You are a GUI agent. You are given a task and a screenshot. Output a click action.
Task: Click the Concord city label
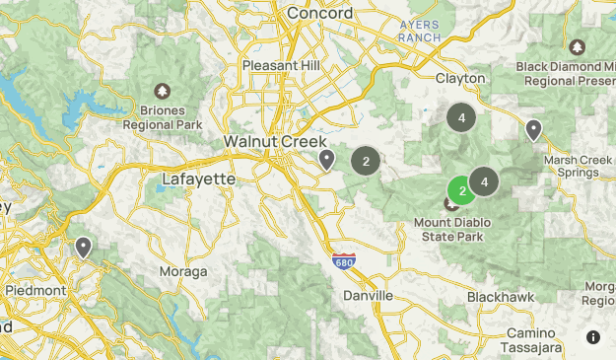(x=320, y=13)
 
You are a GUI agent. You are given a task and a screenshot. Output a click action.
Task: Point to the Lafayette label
(x=198, y=180)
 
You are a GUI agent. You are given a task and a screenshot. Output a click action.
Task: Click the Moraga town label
(x=183, y=271)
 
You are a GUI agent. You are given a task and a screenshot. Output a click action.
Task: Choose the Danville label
(x=368, y=296)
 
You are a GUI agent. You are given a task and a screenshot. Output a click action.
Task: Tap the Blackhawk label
(x=501, y=296)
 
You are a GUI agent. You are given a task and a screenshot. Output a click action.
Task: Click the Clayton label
(x=460, y=77)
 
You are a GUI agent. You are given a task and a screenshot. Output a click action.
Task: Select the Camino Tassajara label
(x=533, y=340)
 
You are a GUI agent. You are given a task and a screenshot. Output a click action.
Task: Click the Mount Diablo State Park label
(x=453, y=229)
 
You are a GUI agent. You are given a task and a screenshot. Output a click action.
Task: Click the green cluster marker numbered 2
(x=460, y=190)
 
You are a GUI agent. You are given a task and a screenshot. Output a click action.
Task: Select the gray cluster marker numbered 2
(x=366, y=161)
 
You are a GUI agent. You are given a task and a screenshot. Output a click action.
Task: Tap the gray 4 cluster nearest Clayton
(x=460, y=117)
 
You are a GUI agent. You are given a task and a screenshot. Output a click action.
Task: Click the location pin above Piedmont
(x=84, y=247)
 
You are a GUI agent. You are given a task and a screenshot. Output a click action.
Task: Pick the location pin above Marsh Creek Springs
(x=533, y=129)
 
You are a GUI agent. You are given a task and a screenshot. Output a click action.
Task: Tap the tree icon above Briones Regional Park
(x=163, y=91)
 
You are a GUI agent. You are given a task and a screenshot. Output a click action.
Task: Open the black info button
(x=593, y=337)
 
